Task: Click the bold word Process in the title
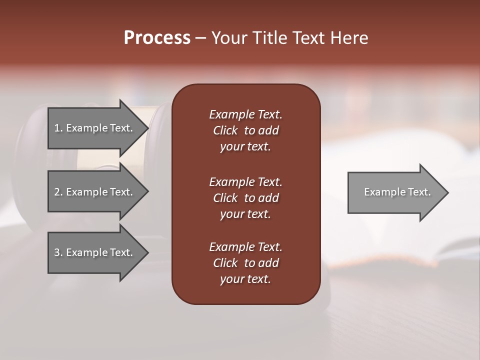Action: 157,38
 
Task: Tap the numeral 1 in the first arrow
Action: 57,128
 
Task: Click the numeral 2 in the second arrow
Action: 57,192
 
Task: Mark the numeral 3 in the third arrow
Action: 57,252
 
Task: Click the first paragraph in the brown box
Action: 245,130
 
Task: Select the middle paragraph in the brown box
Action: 245,198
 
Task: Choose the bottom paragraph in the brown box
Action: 245,263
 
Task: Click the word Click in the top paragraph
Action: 225,130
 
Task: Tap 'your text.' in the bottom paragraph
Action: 245,279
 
